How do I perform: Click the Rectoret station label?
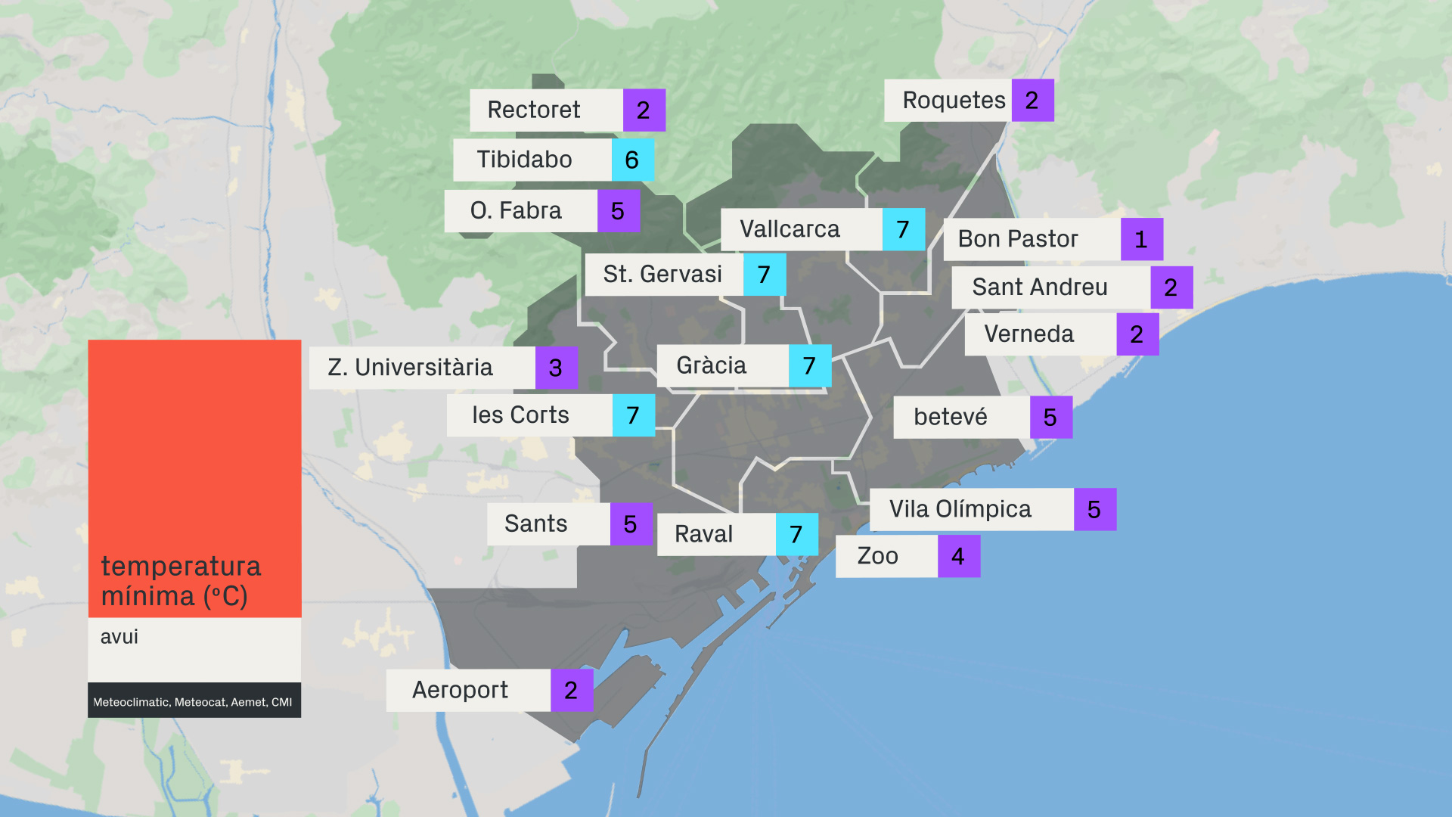pyautogui.click(x=534, y=110)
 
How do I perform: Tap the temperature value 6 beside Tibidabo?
pyautogui.click(x=632, y=160)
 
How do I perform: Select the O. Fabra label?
pyautogui.click(x=516, y=210)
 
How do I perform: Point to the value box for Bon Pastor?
pyautogui.click(x=1141, y=240)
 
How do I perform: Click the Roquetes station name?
pyautogui.click(x=954, y=101)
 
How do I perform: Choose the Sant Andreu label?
pyautogui.click(x=1039, y=287)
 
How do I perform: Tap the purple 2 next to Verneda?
pyautogui.click(x=1137, y=334)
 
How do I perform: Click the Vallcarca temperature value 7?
pyautogui.click(x=903, y=229)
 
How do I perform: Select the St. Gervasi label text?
pyautogui.click(x=662, y=274)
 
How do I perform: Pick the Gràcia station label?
pyautogui.click(x=711, y=366)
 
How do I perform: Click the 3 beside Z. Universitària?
pyautogui.click(x=556, y=368)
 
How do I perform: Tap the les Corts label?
pyautogui.click(x=520, y=415)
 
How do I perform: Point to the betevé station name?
pyautogui.click(x=951, y=417)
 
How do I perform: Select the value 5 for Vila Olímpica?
pyautogui.click(x=1094, y=510)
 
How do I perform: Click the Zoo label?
pyautogui.click(x=877, y=557)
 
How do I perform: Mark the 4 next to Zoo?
pyautogui.click(x=958, y=557)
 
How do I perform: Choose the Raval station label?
pyautogui.click(x=703, y=534)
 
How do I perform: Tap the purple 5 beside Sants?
pyautogui.click(x=631, y=524)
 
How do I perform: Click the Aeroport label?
pyautogui.click(x=460, y=690)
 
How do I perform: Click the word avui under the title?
pyautogui.click(x=119, y=637)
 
